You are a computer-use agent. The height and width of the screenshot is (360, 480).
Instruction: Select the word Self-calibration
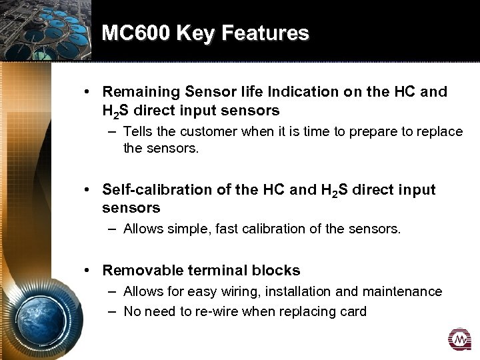157,190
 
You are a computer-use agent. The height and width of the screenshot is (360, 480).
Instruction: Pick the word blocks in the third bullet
277,270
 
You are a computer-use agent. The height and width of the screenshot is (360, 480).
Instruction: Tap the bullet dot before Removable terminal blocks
88,270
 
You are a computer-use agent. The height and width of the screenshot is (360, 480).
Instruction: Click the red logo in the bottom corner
459,340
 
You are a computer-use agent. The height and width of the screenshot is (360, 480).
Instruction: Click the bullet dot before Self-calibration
88,190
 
